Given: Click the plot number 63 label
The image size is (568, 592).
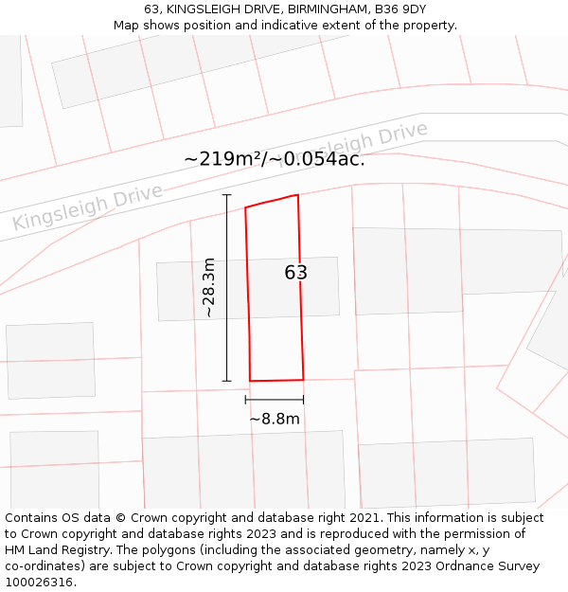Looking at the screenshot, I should click(x=296, y=273).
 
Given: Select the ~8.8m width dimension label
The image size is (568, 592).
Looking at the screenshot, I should click(x=275, y=419).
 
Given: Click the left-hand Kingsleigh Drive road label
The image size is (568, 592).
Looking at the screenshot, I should click(x=87, y=208).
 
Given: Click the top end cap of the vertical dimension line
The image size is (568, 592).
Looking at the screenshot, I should click(x=226, y=195).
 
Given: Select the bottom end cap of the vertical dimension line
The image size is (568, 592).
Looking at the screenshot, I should click(x=226, y=381).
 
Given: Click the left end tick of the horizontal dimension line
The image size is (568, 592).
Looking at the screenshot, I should click(x=246, y=400).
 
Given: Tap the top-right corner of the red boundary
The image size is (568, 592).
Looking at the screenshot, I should click(x=298, y=195).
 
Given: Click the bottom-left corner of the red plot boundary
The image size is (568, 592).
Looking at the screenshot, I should click(x=250, y=381).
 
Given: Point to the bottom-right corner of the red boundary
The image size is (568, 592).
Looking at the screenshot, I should click(x=304, y=380).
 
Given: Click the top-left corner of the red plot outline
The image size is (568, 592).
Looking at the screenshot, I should click(x=245, y=207).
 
